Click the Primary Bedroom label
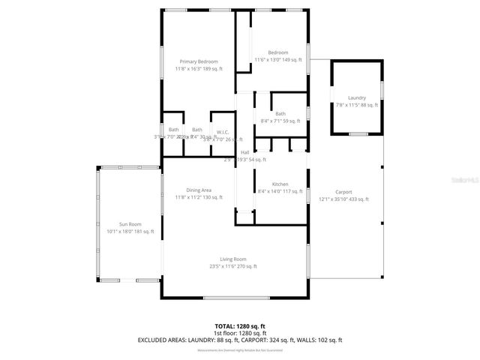pyautogui.click(x=199, y=61)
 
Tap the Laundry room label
pyautogui.click(x=357, y=97)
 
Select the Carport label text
pyautogui.click(x=343, y=192)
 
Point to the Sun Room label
pyautogui.click(x=130, y=224)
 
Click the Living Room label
pyautogui.click(x=233, y=259)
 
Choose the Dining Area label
pyautogui.click(x=199, y=190)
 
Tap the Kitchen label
pyautogui.click(x=280, y=184)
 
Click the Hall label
pyautogui.click(x=244, y=152)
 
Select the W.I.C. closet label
pyautogui.click(x=223, y=131)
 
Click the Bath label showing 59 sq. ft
pyautogui.click(x=280, y=114)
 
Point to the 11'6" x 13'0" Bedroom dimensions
pyautogui.click(x=277, y=59)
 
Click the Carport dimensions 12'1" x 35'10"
pyautogui.click(x=344, y=199)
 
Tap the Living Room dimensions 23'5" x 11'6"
pyautogui.click(x=233, y=266)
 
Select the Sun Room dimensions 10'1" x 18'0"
pyautogui.click(x=130, y=232)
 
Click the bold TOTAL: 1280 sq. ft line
pyautogui.click(x=240, y=326)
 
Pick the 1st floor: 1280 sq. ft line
pyautogui.click(x=240, y=333)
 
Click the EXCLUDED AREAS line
pyautogui.click(x=240, y=340)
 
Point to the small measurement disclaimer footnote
pyautogui.click(x=240, y=350)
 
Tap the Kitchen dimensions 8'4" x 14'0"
pyautogui.click(x=280, y=191)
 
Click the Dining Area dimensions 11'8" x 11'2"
pyautogui.click(x=199, y=197)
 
